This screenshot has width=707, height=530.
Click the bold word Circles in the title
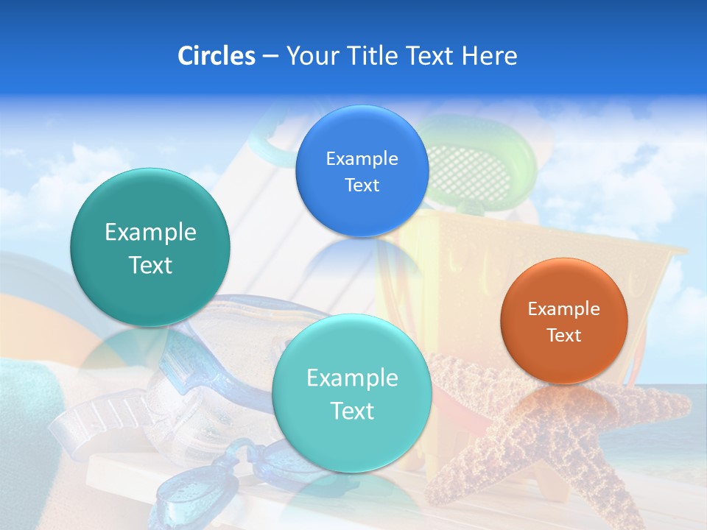pyautogui.click(x=216, y=56)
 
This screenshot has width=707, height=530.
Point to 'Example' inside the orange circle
pyautogui.click(x=564, y=309)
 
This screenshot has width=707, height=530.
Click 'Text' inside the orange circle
pyautogui.click(x=564, y=336)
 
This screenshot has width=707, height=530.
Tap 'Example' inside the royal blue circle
pyautogui.click(x=362, y=159)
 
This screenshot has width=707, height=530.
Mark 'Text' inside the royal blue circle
pyautogui.click(x=362, y=185)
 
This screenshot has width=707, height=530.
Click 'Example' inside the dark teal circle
pyautogui.click(x=150, y=233)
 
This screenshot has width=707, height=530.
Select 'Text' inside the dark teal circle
pyautogui.click(x=150, y=265)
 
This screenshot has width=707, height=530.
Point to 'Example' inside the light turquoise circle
pyautogui.click(x=352, y=378)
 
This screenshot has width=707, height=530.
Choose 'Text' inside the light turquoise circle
pyautogui.click(x=352, y=411)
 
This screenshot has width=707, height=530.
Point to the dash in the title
pyautogui.click(x=270, y=57)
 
